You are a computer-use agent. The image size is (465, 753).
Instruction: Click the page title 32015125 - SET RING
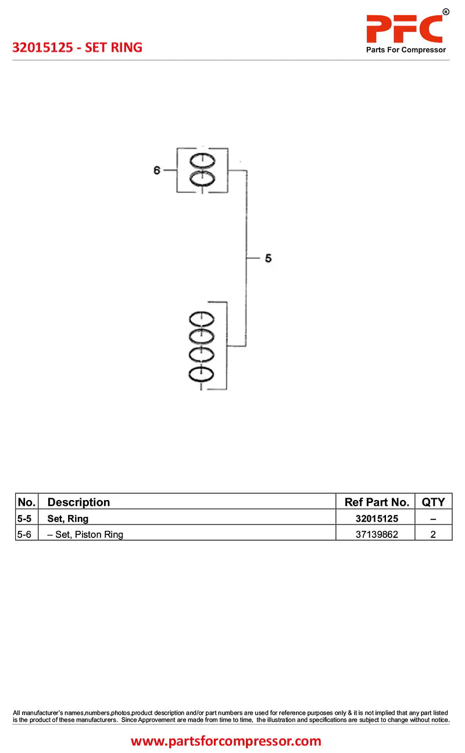click(77, 48)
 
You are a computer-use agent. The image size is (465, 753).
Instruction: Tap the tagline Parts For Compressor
click(406, 50)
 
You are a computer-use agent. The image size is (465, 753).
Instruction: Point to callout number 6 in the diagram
click(157, 170)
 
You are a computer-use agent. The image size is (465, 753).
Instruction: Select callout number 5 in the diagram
click(268, 258)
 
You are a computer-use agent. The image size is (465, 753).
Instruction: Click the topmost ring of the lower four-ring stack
click(201, 319)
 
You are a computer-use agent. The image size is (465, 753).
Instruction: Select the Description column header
click(78, 502)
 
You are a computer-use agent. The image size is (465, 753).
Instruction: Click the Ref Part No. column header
click(377, 502)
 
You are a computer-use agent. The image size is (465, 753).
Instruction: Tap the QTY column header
click(433, 502)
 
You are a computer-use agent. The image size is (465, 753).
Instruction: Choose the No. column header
click(27, 502)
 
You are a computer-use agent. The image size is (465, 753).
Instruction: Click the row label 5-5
click(24, 518)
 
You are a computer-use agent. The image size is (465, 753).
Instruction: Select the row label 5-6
click(24, 534)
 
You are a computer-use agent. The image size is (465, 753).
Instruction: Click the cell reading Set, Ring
click(68, 518)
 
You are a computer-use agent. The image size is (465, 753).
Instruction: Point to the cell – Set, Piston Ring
click(85, 534)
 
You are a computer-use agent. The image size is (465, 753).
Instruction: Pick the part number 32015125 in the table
click(377, 518)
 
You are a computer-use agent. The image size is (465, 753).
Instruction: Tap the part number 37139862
click(377, 534)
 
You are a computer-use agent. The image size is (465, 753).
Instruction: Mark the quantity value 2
click(433, 534)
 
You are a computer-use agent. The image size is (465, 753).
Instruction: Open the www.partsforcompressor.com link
click(226, 741)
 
